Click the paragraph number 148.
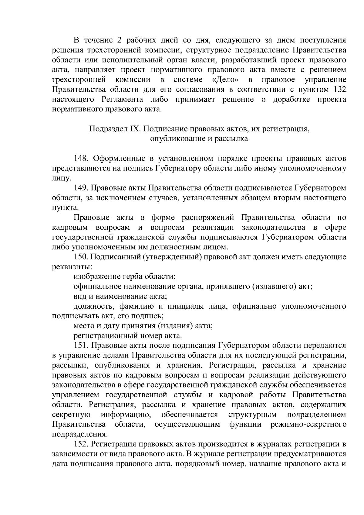tap(81, 159)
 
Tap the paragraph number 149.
tap(81, 188)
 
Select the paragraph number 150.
tap(81, 257)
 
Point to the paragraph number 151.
tap(81, 345)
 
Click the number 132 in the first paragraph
tap(339, 90)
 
